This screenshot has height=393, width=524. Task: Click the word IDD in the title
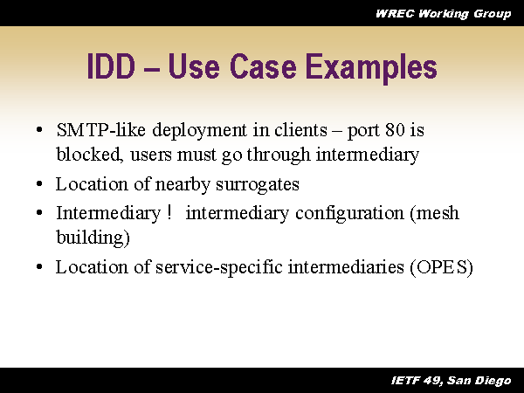pos(115,68)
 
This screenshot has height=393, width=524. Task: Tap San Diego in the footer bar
pos(484,380)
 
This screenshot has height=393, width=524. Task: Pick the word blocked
pos(83,155)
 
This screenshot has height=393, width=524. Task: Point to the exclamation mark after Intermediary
pos(167,213)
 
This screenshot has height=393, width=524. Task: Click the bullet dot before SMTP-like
pos(40,131)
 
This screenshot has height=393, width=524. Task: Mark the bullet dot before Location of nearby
pos(40,185)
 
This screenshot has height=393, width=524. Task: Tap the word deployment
pos(196,131)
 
